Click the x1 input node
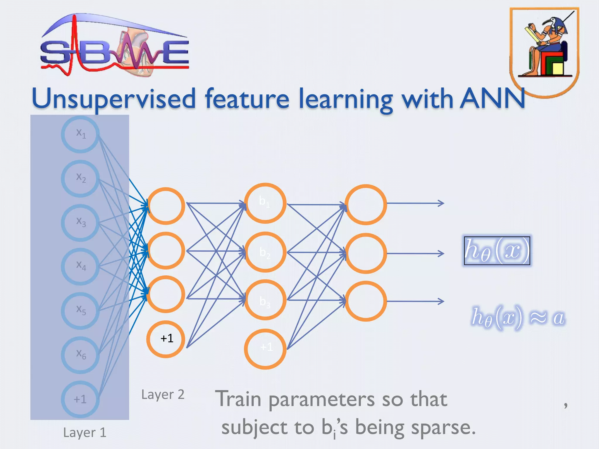click(x=80, y=134)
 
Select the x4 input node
click(x=80, y=266)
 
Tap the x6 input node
click(x=80, y=355)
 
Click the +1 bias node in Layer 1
click(x=80, y=399)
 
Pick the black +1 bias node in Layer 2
click(x=166, y=339)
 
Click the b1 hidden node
click(x=265, y=203)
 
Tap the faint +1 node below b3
click(x=265, y=348)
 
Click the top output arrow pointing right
click(x=415, y=203)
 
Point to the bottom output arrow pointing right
click(x=415, y=301)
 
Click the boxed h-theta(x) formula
click(x=497, y=251)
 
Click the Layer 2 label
click(x=163, y=395)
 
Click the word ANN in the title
click(x=492, y=99)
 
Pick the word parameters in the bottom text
click(x=321, y=400)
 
